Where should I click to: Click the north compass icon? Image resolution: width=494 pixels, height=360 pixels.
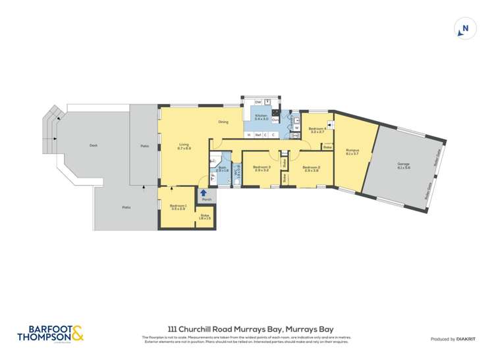[465, 29]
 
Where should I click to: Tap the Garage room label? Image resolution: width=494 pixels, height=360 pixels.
[403, 165]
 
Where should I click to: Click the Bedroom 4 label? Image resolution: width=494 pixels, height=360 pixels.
[317, 130]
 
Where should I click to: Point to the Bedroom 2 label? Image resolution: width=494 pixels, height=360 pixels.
[311, 168]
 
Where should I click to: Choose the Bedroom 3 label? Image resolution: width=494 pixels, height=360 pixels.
[261, 168]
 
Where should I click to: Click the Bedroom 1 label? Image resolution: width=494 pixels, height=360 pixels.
[178, 207]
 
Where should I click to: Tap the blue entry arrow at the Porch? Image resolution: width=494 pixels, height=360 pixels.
[204, 193]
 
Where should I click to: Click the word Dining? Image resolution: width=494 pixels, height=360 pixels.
[223, 122]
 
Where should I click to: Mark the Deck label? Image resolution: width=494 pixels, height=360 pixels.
[94, 145]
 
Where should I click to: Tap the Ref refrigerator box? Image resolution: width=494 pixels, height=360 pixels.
[258, 136]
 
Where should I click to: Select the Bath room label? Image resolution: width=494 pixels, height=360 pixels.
[222, 168]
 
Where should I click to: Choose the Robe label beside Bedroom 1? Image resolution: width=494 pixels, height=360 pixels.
[204, 217]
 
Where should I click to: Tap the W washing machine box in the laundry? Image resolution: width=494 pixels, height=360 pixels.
[296, 128]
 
